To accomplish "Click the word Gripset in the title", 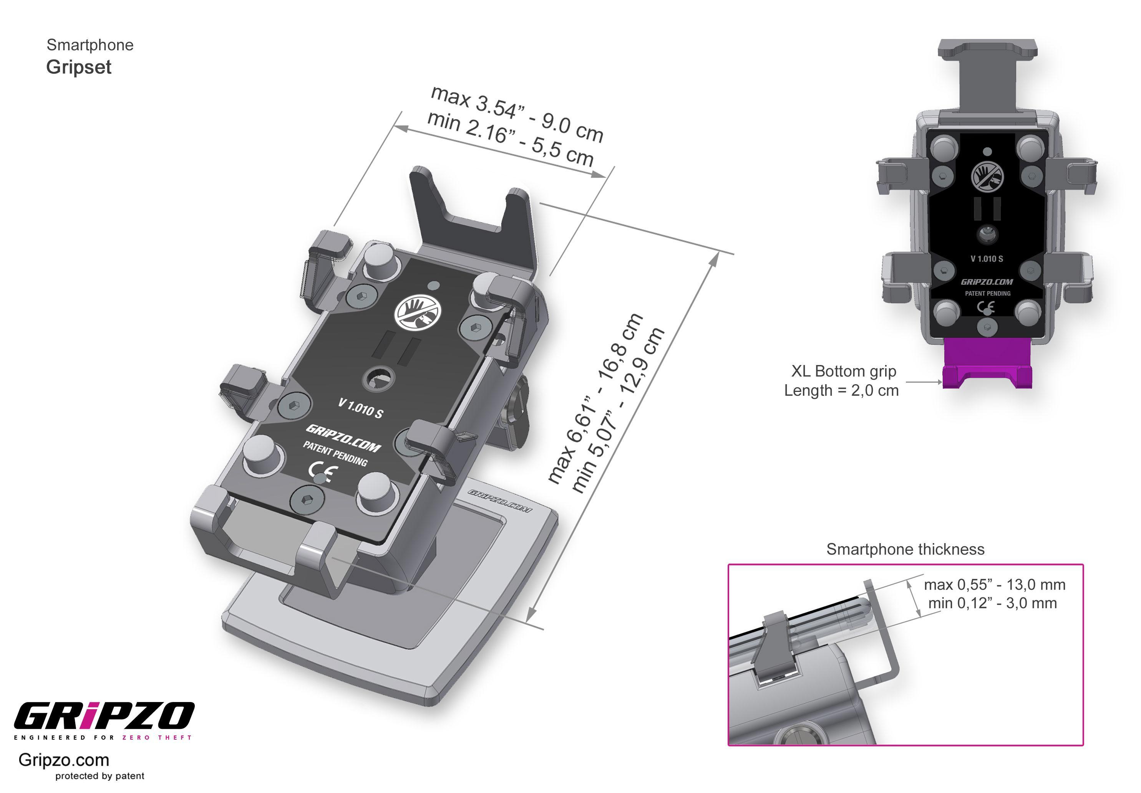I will (x=78, y=67).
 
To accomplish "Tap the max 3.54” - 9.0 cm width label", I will (x=517, y=113).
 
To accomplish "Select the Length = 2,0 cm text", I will (x=841, y=390).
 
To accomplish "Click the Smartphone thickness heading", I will (x=905, y=549).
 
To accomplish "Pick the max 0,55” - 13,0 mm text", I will (x=994, y=585).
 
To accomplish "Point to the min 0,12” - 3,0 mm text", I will (x=992, y=603).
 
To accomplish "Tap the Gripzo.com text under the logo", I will (x=64, y=760).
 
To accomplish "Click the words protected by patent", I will (x=100, y=776).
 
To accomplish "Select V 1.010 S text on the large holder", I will (x=360, y=408).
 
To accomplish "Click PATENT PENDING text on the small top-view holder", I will (x=987, y=294).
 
